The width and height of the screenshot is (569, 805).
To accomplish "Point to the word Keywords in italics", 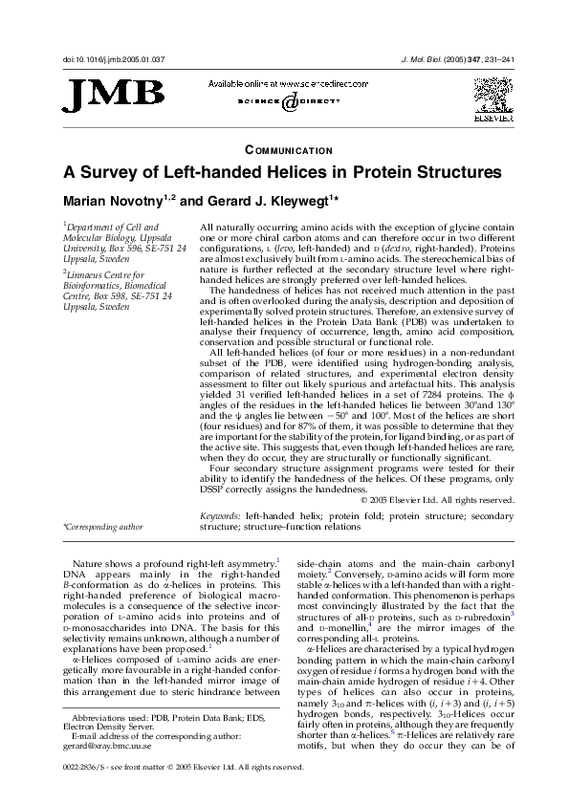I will (x=221, y=515).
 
